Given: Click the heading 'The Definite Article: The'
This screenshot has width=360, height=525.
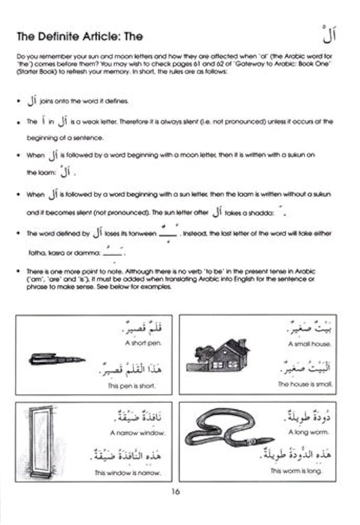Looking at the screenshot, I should point(79,37).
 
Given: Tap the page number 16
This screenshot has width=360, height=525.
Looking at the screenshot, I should point(175,492).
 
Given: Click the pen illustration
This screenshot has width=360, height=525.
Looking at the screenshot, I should point(57,360).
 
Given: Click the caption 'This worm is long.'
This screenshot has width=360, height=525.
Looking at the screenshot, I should point(301,471).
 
